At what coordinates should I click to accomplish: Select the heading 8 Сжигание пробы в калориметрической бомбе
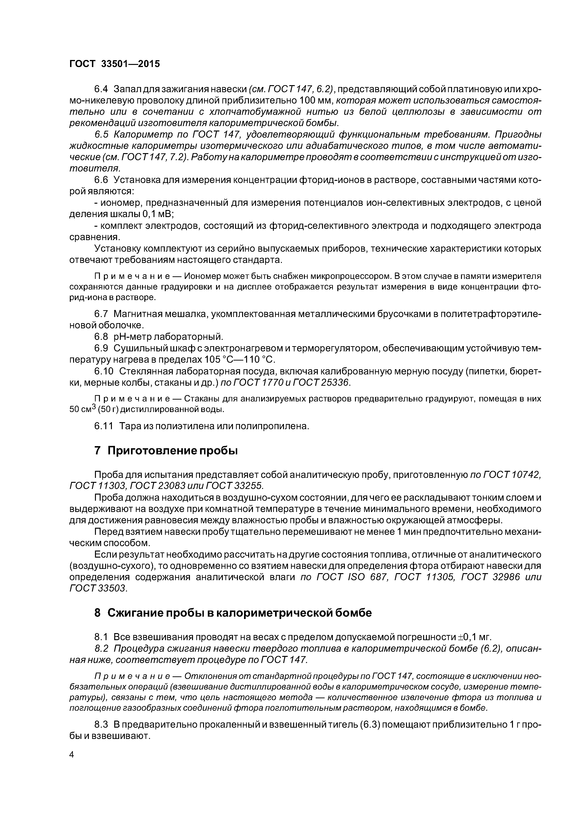point(233,613)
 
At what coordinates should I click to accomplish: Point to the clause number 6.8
point(101,337)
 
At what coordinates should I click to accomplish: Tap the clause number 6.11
point(103,426)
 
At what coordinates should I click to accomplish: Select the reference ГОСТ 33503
point(98,588)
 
